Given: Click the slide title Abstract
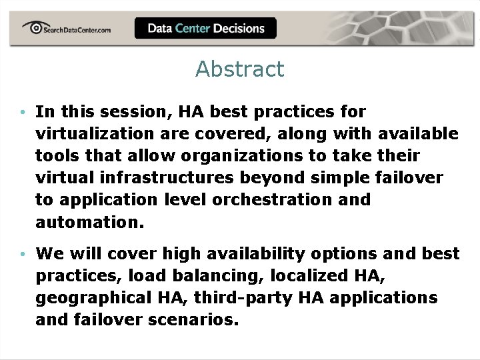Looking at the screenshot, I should point(239,69).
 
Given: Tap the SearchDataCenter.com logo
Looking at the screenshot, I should point(67,29).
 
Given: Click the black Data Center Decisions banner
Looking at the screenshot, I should point(205,28).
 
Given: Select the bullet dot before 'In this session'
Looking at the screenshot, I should point(22,112).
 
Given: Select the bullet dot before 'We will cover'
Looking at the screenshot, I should point(22,255).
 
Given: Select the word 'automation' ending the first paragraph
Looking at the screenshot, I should point(87,222).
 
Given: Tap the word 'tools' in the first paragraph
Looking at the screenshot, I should point(57,156).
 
